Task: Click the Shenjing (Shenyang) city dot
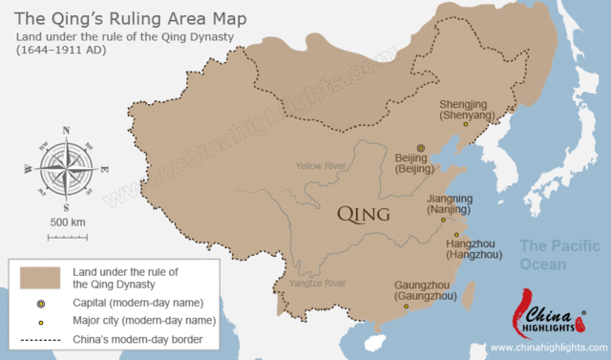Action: (465, 125)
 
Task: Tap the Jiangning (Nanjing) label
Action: (451, 205)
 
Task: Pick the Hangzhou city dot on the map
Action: (456, 234)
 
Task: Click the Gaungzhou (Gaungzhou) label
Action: (425, 290)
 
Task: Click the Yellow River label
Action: (320, 166)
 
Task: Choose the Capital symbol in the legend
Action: (39, 303)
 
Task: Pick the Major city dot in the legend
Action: (39, 322)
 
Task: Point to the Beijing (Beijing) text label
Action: (414, 163)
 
